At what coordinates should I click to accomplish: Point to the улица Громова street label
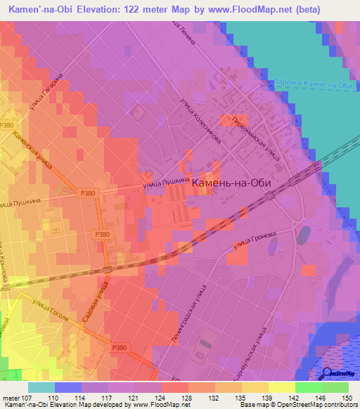[261, 240]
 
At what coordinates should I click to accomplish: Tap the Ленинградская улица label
[187, 315]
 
